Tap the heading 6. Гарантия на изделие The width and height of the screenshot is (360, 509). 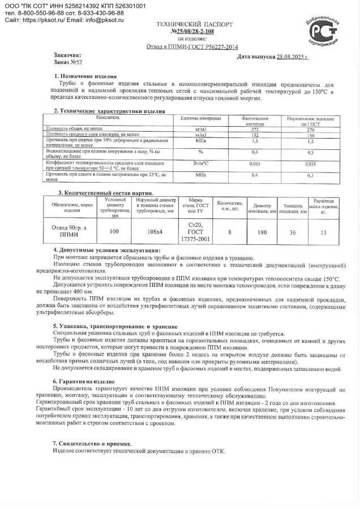[84, 381]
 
